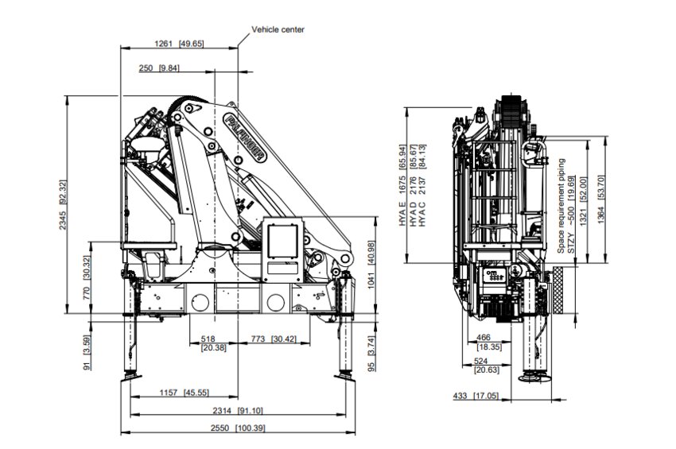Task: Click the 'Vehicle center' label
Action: pos(278,29)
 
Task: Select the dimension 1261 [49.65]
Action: pos(179,43)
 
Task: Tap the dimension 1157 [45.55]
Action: pos(182,393)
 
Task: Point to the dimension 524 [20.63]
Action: pos(486,366)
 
